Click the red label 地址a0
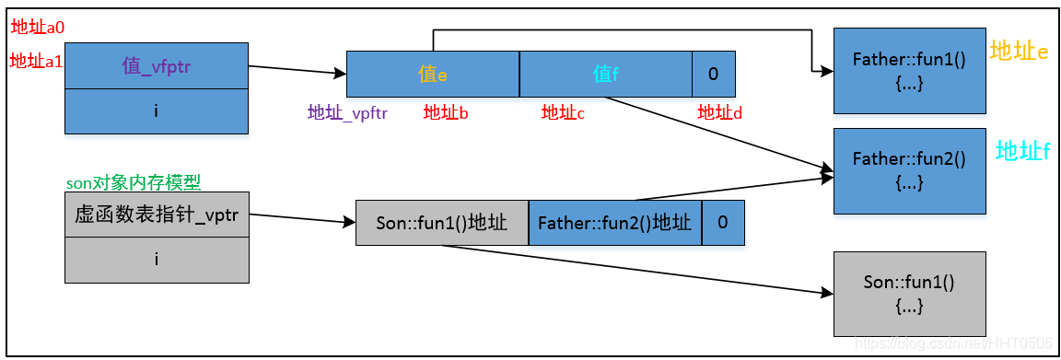click(37, 27)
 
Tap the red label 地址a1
click(37, 61)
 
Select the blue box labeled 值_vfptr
click(157, 66)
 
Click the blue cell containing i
click(157, 111)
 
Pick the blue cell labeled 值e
click(433, 75)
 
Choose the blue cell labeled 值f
click(605, 75)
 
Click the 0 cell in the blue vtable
click(714, 75)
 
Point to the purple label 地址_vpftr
click(347, 113)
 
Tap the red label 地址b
click(446, 113)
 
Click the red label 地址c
click(563, 113)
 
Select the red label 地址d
click(720, 113)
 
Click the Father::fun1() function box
click(908, 71)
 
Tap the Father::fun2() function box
click(908, 170)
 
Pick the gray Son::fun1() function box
click(908, 293)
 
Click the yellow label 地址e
click(1019, 51)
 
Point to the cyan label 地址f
click(1022, 151)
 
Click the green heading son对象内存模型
click(134, 182)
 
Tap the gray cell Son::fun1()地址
click(442, 224)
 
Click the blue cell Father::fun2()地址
click(614, 224)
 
